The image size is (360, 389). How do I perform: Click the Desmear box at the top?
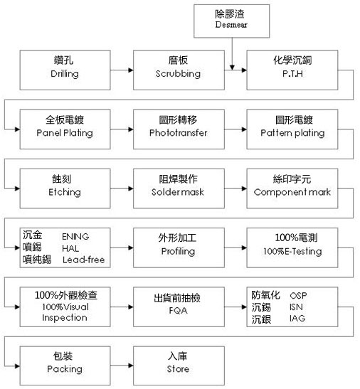click(x=232, y=21)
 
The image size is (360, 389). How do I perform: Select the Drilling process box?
click(x=65, y=70)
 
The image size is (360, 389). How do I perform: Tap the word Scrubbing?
click(x=179, y=74)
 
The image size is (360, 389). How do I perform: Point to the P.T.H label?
click(x=292, y=74)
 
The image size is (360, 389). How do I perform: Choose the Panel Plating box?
click(x=65, y=129)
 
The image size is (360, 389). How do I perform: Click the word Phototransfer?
click(x=179, y=133)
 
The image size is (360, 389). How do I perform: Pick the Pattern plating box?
click(x=292, y=129)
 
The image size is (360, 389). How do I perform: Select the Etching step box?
click(x=65, y=188)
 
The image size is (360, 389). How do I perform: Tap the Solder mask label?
click(x=178, y=192)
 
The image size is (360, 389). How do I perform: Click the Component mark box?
click(x=292, y=188)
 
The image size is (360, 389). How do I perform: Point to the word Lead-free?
click(x=84, y=260)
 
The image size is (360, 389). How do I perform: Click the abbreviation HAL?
click(x=70, y=248)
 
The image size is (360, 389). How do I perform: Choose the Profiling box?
click(x=179, y=248)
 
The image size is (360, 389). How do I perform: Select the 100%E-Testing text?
click(x=292, y=251)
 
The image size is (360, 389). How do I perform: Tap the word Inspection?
click(x=65, y=318)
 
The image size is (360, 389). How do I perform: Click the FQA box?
click(x=179, y=307)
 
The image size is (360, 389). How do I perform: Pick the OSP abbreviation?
click(x=298, y=295)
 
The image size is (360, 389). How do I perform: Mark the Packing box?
click(x=65, y=366)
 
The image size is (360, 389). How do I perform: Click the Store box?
click(x=179, y=366)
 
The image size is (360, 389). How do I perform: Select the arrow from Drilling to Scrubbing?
click(x=122, y=70)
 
